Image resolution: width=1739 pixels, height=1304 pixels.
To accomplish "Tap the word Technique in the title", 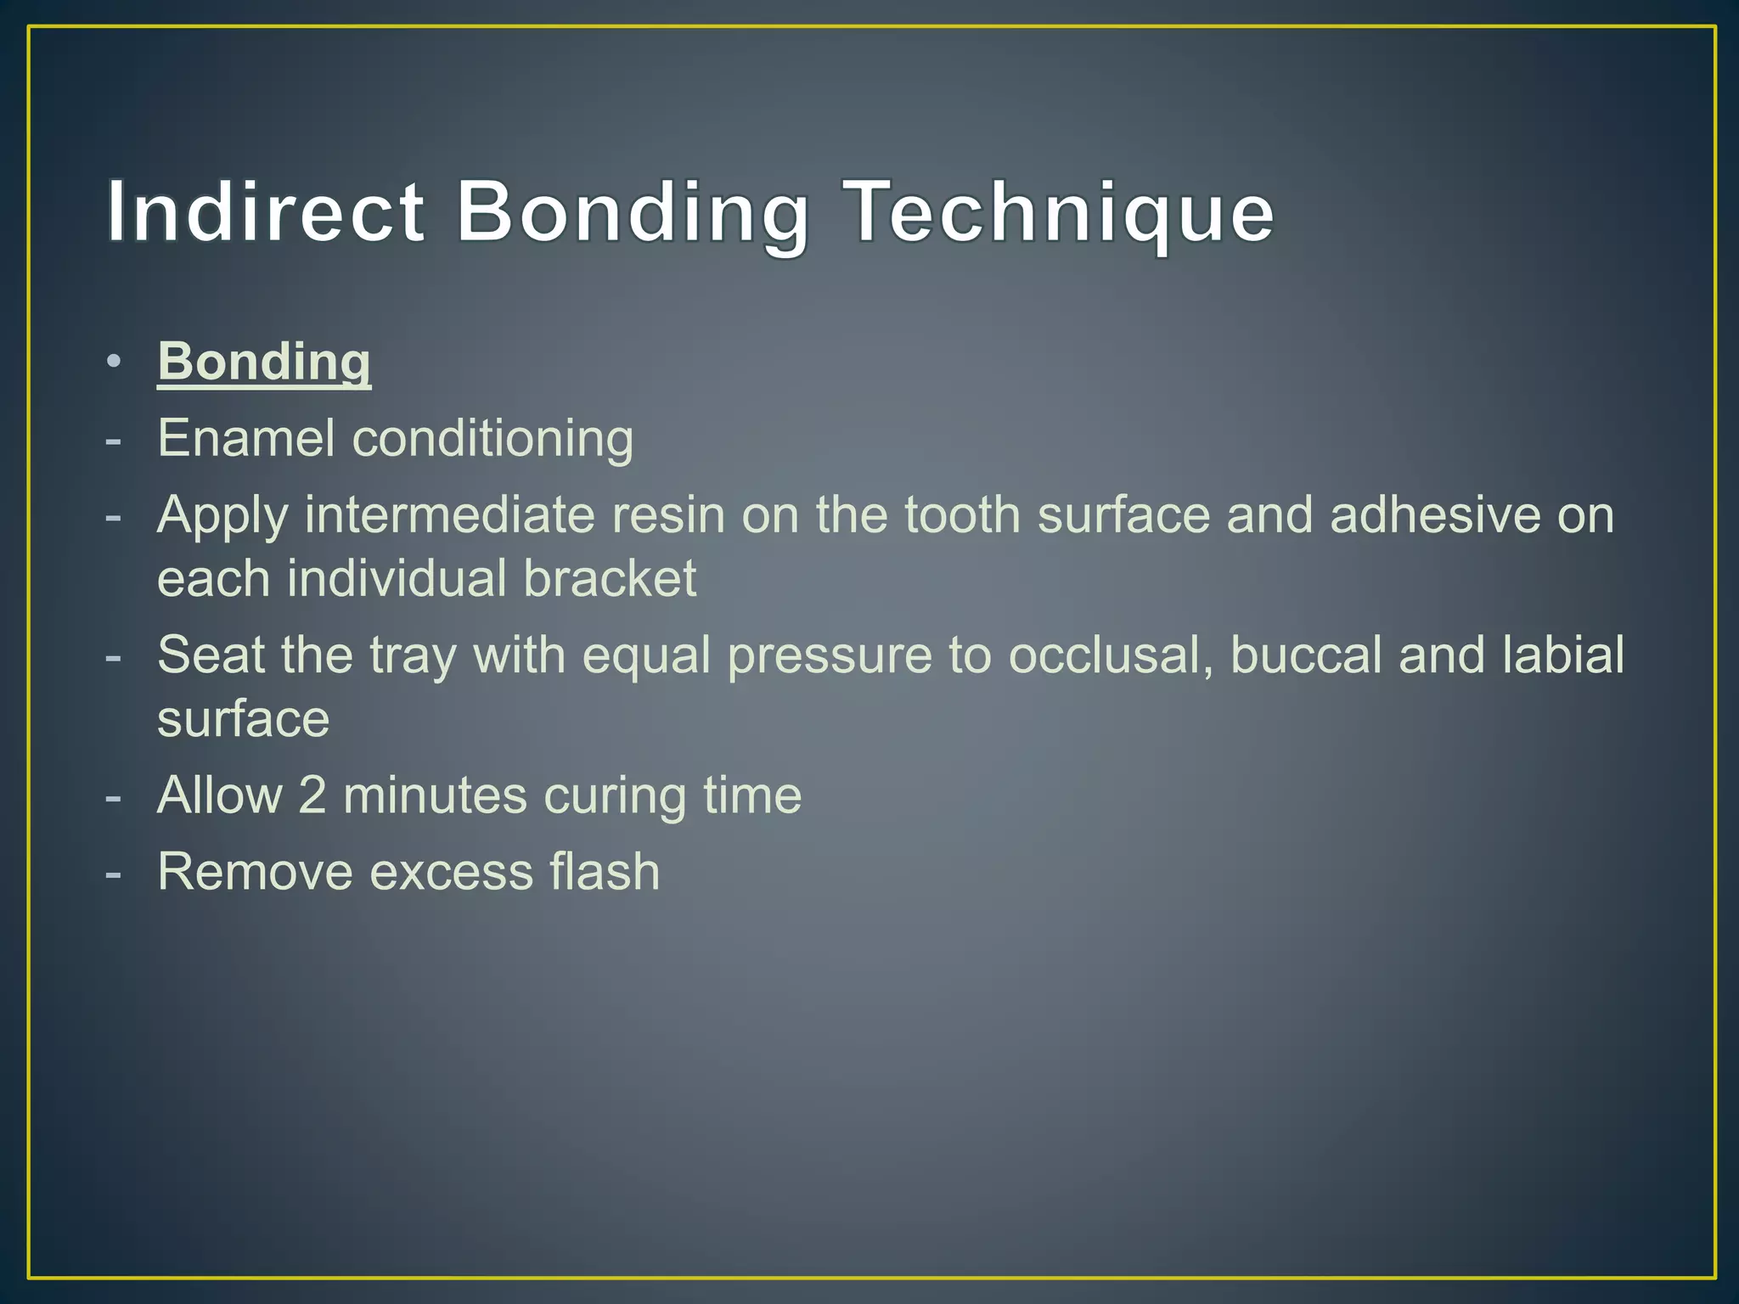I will [x=1061, y=211].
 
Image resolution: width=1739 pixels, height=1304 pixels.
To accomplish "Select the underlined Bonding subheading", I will [x=264, y=363].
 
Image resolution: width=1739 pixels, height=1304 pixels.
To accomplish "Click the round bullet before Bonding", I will [x=114, y=362].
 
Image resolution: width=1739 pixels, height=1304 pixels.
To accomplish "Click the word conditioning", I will [x=492, y=439].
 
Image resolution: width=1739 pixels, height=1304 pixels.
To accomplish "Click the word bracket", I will [x=610, y=579].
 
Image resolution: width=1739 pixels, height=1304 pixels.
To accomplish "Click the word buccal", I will [x=1306, y=655].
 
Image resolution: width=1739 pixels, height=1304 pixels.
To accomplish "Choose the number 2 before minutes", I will [x=312, y=795].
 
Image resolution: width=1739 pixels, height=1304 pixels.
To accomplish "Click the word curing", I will [x=615, y=795].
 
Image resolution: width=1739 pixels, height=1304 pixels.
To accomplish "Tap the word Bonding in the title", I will [x=633, y=211].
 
